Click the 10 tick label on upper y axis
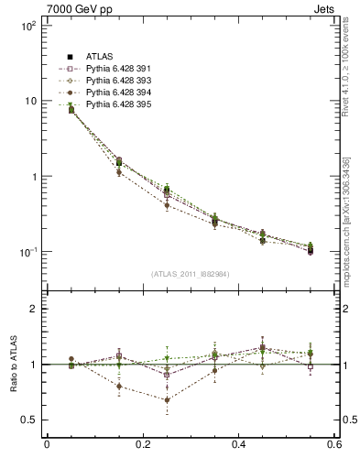click(29, 102)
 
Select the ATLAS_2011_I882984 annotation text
click(191, 274)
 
